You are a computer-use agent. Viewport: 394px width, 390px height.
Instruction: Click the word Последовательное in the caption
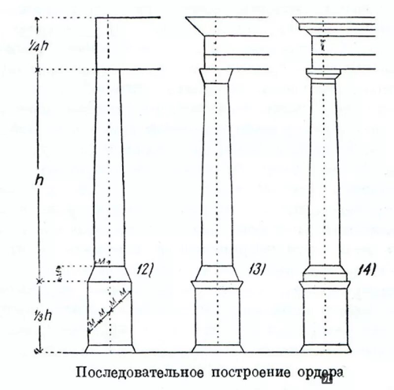(139, 371)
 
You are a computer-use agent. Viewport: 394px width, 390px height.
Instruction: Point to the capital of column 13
(215, 76)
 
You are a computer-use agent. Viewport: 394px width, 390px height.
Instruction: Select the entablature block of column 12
(128, 43)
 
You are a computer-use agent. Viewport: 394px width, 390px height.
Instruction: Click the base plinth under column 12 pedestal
(109, 349)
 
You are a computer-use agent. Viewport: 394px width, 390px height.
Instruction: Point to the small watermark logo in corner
(328, 380)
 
